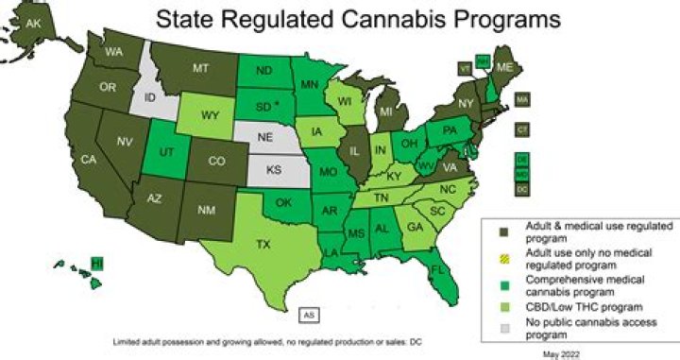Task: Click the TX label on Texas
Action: pyautogui.click(x=263, y=244)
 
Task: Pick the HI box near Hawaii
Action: pyautogui.click(x=95, y=263)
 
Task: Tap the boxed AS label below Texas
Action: pyautogui.click(x=311, y=314)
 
